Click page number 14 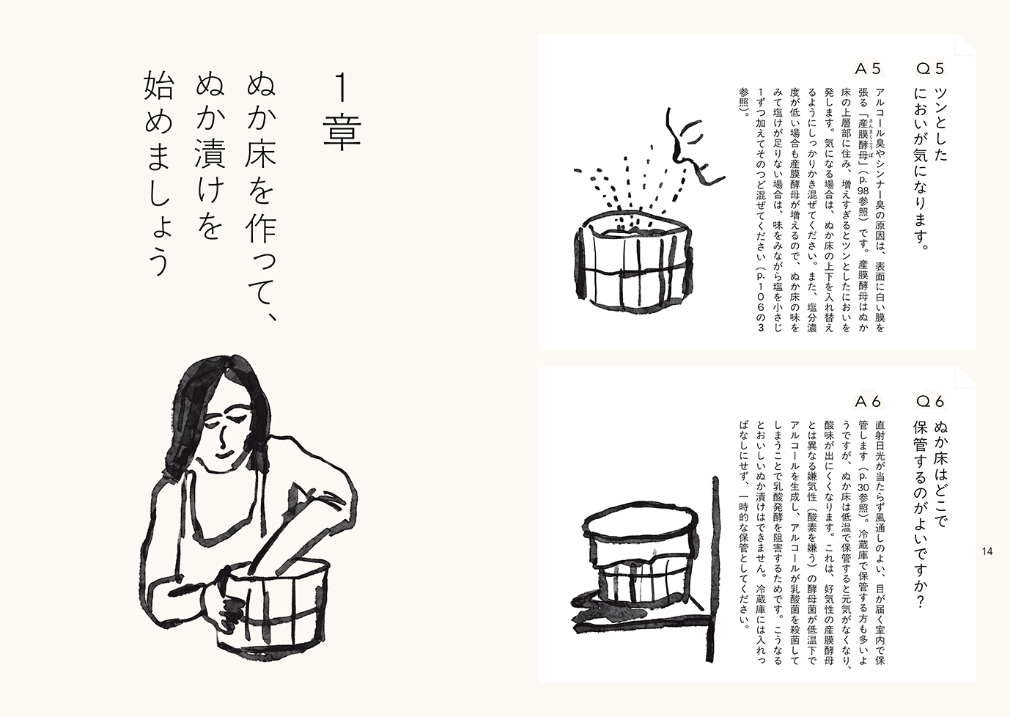click(987, 551)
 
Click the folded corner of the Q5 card click(965, 45)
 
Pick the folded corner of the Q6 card click(965, 378)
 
